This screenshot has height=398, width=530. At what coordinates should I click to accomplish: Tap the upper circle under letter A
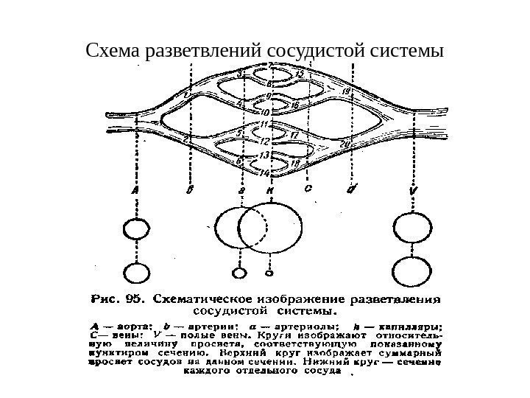click(x=135, y=230)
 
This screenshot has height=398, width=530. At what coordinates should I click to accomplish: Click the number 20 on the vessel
click(x=346, y=143)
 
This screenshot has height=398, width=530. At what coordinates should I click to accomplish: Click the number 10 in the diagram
click(x=266, y=112)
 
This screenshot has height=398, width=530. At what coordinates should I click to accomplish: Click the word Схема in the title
click(x=114, y=52)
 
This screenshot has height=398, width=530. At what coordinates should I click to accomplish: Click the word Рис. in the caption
click(x=105, y=300)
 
